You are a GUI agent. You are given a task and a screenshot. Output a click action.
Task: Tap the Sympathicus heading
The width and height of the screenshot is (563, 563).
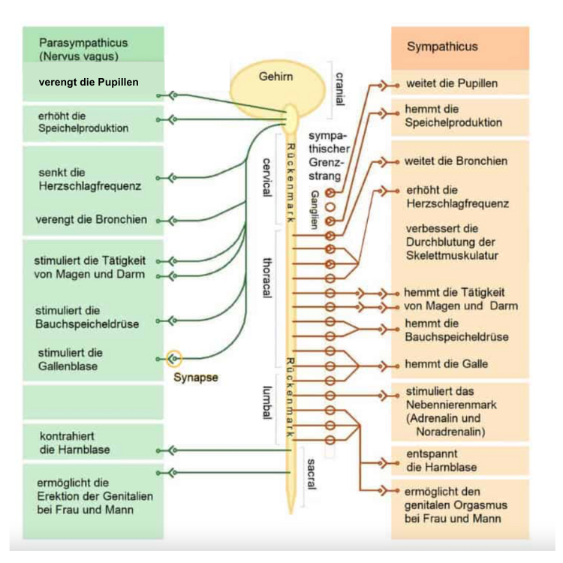(x=442, y=47)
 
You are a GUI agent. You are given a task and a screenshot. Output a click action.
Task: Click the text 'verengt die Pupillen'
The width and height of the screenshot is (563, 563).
(x=89, y=81)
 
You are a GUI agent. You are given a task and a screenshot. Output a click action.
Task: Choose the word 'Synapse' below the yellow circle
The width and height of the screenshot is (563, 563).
(x=196, y=377)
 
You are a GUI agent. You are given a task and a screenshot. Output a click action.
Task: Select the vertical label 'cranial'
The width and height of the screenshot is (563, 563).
(x=339, y=89)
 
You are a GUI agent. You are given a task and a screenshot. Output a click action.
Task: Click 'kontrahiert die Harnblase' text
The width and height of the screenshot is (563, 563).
(x=74, y=443)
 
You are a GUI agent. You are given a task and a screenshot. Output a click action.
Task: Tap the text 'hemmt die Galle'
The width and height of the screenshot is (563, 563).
(x=446, y=363)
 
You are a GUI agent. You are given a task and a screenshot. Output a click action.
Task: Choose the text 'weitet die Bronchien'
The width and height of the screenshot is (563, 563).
(x=456, y=161)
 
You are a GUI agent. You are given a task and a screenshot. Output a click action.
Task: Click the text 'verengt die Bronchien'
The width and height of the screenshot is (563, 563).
(x=91, y=220)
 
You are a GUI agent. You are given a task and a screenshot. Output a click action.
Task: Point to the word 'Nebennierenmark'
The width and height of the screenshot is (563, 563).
(x=450, y=405)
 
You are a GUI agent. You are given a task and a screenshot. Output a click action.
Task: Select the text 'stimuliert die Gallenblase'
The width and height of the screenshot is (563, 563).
(x=71, y=360)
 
